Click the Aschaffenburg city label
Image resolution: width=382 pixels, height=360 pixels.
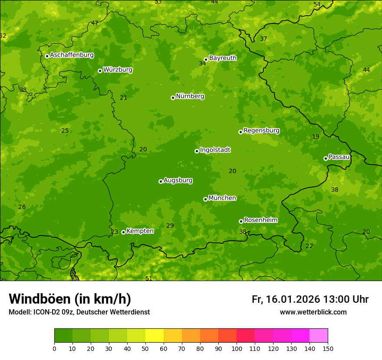[x=72, y=55]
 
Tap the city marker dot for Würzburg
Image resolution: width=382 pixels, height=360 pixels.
[x=100, y=71]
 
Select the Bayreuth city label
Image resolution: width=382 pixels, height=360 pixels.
[x=223, y=58]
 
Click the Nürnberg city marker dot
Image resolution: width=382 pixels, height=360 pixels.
[x=173, y=98]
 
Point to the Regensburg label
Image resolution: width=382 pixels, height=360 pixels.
[x=261, y=130]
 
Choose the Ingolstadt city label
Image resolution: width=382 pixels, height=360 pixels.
[x=215, y=150]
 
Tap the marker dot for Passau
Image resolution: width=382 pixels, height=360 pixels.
[x=326, y=158]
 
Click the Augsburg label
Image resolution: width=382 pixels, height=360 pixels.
[x=178, y=180]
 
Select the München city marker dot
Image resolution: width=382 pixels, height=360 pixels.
[x=205, y=199]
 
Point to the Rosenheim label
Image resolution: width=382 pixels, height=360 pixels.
[x=260, y=220]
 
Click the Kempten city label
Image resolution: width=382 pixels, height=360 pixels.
[x=140, y=231]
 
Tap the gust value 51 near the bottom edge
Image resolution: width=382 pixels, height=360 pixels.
[x=149, y=278]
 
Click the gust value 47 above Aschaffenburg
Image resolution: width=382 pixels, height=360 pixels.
[x=95, y=23]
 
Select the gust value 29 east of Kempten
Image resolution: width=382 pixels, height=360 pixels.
[x=170, y=226]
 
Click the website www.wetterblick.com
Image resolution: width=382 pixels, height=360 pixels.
[x=313, y=312]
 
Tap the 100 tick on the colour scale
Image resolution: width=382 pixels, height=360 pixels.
[x=237, y=348]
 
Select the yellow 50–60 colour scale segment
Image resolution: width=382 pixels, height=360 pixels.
[x=155, y=335]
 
